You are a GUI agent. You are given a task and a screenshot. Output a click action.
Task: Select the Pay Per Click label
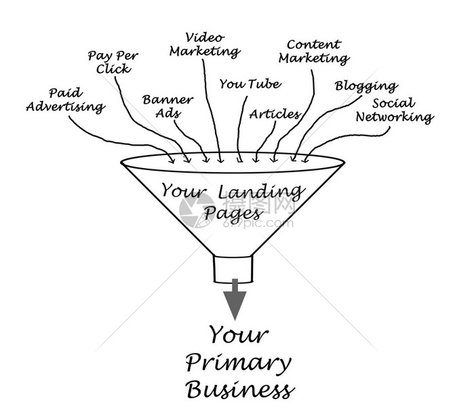tap(113, 62)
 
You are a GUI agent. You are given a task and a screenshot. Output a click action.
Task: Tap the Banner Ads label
tap(167, 106)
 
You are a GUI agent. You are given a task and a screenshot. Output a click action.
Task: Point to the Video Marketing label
tap(205, 45)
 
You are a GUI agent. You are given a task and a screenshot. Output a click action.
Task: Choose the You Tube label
tap(250, 84)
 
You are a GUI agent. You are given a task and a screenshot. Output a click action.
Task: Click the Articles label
tap(275, 114)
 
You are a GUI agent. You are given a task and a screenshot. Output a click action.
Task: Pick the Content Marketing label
tap(314, 52)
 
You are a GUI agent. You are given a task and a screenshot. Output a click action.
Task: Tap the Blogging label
tap(366, 87)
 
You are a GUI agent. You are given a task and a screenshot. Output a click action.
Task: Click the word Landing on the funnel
tap(260, 192)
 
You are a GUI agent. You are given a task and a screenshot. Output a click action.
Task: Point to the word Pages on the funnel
tap(233, 214)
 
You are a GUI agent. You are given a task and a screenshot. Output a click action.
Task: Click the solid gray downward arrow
tap(235, 299)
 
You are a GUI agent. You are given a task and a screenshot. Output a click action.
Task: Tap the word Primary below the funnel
tap(238, 364)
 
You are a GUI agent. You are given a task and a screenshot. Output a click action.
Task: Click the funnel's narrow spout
tap(233, 269)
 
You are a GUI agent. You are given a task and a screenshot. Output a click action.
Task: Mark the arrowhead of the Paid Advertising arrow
tap(172, 159)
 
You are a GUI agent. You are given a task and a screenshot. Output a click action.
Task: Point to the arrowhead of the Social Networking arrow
tap(306, 159)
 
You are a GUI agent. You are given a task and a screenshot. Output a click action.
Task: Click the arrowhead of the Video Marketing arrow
tap(220, 159)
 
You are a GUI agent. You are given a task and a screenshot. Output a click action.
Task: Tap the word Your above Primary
tap(239, 335)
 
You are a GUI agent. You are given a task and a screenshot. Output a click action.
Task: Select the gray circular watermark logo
tap(197, 210)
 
